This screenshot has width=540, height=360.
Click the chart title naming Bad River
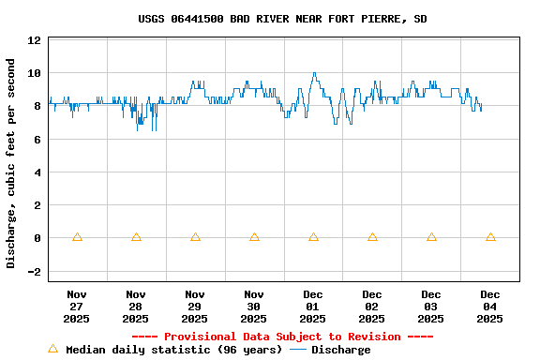282,19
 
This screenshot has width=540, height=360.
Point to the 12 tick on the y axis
35,40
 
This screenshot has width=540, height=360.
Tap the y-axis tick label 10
35,73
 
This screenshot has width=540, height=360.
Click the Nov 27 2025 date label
77,307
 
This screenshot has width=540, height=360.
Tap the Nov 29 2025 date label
195,307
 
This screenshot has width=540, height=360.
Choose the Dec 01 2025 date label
313,307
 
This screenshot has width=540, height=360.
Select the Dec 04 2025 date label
490,307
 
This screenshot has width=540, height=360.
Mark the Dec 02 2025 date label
372,307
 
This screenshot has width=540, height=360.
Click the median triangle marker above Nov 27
77,237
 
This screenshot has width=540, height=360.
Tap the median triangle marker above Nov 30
254,237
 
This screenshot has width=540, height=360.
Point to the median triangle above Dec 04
490,237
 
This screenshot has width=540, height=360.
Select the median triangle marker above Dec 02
372,237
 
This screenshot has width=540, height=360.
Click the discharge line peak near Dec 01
314,73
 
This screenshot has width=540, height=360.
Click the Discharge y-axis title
11,163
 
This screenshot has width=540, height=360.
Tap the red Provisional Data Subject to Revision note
282,337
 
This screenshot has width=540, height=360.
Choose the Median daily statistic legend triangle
52,349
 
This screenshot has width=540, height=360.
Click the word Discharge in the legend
340,350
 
